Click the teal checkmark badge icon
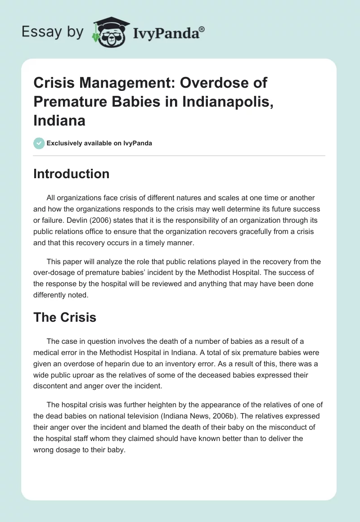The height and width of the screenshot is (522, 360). [x=39, y=143]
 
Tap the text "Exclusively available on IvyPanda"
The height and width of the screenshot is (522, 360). [x=99, y=143]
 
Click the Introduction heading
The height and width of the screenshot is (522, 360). [x=71, y=174]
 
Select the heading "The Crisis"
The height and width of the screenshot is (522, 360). [x=64, y=317]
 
